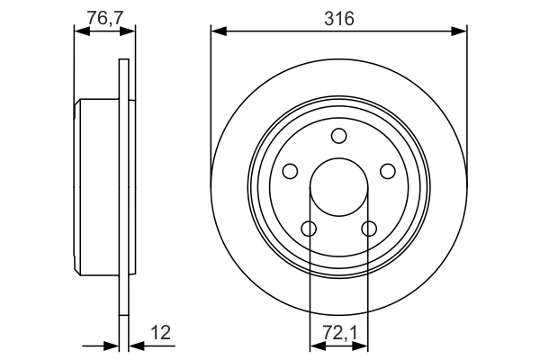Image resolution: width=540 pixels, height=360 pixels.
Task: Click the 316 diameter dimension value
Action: [x=339, y=16]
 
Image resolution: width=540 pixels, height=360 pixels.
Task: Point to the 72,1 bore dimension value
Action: [x=338, y=333]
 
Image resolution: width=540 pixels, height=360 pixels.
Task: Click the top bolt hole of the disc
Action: [x=338, y=136]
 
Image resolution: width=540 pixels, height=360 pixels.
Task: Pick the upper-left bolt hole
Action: [x=291, y=171]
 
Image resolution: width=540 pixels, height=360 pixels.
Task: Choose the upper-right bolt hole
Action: [x=387, y=171]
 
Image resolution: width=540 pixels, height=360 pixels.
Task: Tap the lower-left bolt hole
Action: [x=309, y=228]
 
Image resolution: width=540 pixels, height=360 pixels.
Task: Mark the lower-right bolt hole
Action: [x=368, y=228]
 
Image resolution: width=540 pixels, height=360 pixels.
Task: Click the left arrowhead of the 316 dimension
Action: [x=217, y=31]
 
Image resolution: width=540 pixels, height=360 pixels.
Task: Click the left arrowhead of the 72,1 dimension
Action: [x=315, y=345]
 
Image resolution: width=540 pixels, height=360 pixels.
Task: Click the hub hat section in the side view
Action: [x=97, y=187]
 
